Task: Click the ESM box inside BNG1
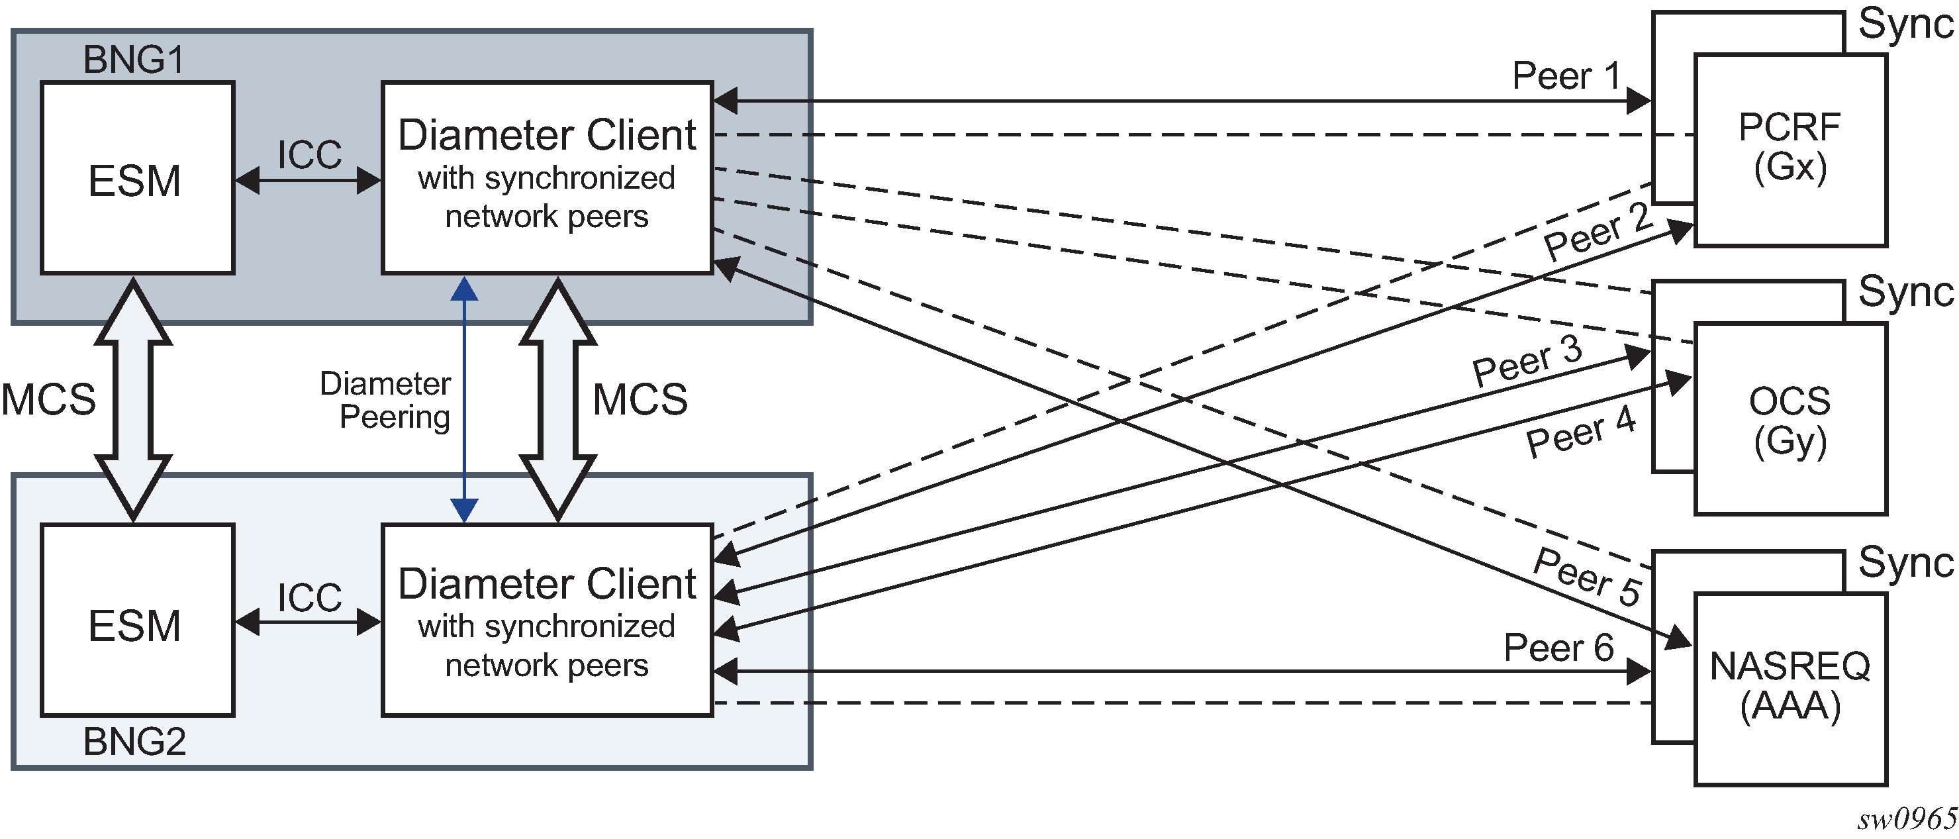[137, 178]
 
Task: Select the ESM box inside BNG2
[137, 620]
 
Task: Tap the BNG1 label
[134, 60]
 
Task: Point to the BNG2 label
[134, 742]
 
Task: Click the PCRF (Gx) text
[1790, 147]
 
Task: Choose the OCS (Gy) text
[1790, 420]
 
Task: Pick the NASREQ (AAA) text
[1790, 686]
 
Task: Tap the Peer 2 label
[1597, 231]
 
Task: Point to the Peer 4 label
[1580, 431]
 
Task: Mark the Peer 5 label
[1587, 577]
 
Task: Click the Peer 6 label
[1558, 648]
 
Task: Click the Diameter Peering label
[385, 400]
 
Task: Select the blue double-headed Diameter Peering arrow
[464, 400]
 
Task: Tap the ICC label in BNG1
[310, 155]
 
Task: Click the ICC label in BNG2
[310, 598]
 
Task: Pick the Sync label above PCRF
[1905, 25]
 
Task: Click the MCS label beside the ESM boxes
[49, 400]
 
